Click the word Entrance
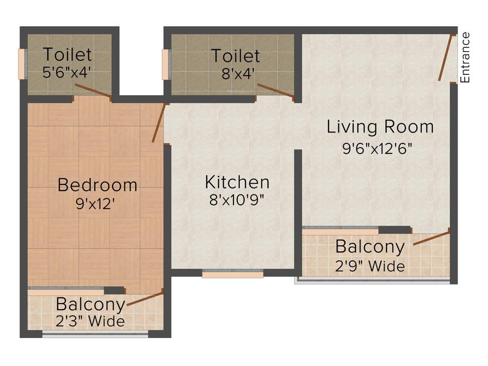pyautogui.click(x=465, y=58)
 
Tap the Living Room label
pyautogui.click(x=380, y=127)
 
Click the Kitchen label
pyautogui.click(x=237, y=182)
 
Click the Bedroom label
pyautogui.click(x=97, y=185)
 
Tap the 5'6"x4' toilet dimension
pyautogui.click(x=67, y=74)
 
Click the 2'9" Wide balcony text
pyautogui.click(x=370, y=266)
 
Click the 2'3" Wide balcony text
pyautogui.click(x=90, y=322)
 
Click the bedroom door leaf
pyautogui.click(x=159, y=123)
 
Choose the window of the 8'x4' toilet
pyautogui.click(x=165, y=64)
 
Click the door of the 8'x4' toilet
pyautogui.click(x=275, y=91)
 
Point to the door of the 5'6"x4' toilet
pyautogui.click(x=93, y=92)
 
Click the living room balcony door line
pyautogui.click(x=431, y=239)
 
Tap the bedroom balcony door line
pyautogui.click(x=145, y=299)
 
